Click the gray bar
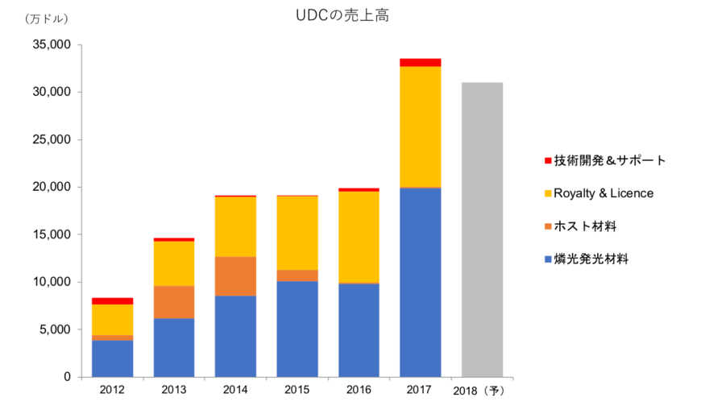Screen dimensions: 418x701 pyautogui.click(x=482, y=229)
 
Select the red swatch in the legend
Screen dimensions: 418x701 pyautogui.click(x=548, y=160)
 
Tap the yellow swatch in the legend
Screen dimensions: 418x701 pyautogui.click(x=548, y=193)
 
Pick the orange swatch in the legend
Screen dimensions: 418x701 pyautogui.click(x=548, y=226)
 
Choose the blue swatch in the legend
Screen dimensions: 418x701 pyautogui.click(x=548, y=259)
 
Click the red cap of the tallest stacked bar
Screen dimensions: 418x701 pyautogui.click(x=420, y=62)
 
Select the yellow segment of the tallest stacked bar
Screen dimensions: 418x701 pyautogui.click(x=420, y=126)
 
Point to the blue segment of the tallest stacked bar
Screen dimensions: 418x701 pyautogui.click(x=420, y=282)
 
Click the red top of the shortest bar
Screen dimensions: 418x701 pyautogui.click(x=113, y=300)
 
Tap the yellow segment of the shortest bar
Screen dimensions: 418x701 pyautogui.click(x=113, y=320)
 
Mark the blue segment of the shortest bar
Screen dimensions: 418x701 pyautogui.click(x=113, y=358)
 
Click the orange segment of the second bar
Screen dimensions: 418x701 pyautogui.click(x=174, y=302)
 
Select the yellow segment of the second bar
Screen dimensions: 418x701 pyautogui.click(x=174, y=263)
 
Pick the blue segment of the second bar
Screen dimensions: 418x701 pyautogui.click(x=174, y=347)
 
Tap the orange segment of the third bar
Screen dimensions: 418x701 pyautogui.click(x=235, y=276)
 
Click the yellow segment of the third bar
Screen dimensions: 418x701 pyautogui.click(x=235, y=226)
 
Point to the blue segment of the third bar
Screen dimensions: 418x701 pyautogui.click(x=235, y=336)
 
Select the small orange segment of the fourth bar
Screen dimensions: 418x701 pyautogui.click(x=297, y=275)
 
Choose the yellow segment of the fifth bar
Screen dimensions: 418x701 pyautogui.click(x=359, y=237)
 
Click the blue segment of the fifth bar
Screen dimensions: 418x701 pyautogui.click(x=359, y=329)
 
